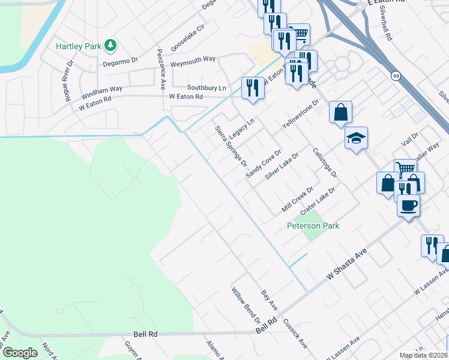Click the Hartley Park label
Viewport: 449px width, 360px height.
[x=78, y=46]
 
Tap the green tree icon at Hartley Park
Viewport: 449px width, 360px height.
[x=110, y=45]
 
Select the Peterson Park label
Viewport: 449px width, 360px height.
[x=313, y=226]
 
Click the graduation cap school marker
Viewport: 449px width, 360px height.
[x=356, y=139]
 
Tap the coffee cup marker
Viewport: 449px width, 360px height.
[x=408, y=206]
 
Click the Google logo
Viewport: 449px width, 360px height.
[x=20, y=353]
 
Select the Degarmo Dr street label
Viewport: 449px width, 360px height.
[x=120, y=61]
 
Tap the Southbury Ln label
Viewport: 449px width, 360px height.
[x=206, y=88]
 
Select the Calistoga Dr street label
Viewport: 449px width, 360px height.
[x=325, y=163]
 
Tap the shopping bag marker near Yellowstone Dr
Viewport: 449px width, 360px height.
[x=340, y=112]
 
